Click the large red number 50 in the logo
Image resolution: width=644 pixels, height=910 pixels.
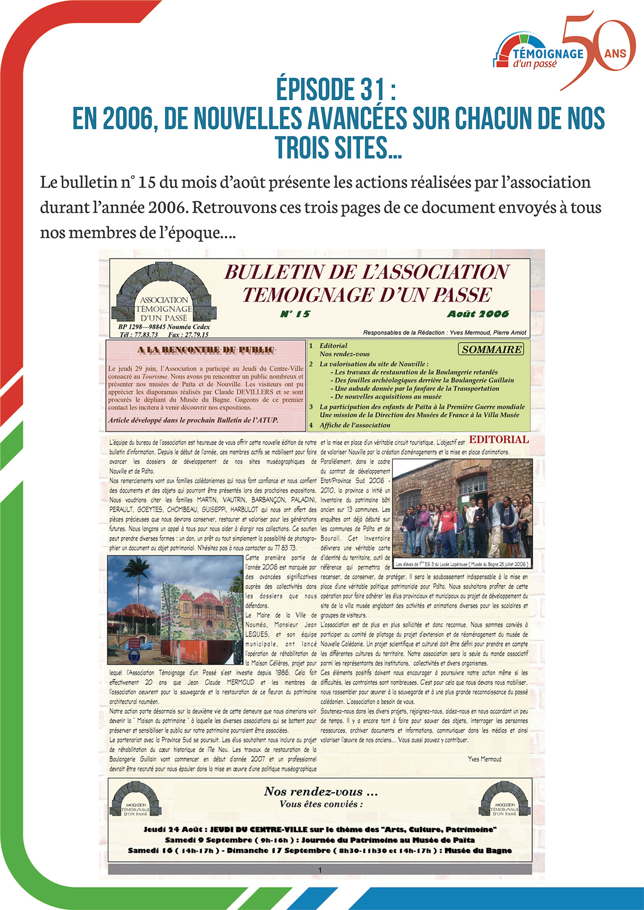click(597, 49)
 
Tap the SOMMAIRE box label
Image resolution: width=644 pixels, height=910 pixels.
click(491, 349)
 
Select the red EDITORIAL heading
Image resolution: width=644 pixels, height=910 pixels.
click(499, 440)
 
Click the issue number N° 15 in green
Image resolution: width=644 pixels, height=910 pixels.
click(295, 314)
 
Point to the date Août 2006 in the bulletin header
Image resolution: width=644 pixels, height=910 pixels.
click(477, 314)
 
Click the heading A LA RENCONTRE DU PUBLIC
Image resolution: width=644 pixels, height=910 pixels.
click(206, 350)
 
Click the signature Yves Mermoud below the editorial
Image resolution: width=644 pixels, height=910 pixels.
click(484, 759)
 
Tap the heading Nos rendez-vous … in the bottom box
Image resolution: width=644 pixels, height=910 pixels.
click(321, 792)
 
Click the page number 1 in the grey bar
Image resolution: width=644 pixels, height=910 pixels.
click(320, 870)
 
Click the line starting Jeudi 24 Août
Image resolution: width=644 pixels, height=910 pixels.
click(320, 830)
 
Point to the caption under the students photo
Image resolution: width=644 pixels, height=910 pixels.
click(461, 564)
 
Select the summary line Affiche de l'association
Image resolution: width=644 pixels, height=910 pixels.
click(355, 425)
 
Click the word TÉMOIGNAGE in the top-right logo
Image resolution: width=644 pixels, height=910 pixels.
click(548, 54)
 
